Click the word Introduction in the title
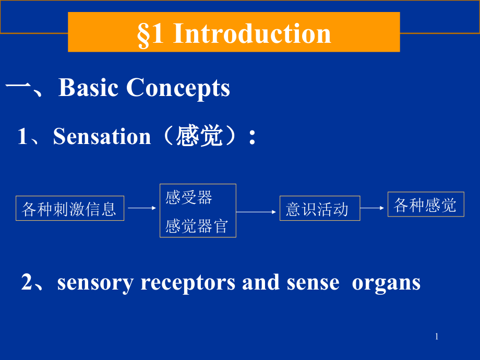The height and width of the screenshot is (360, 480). pyautogui.click(x=252, y=33)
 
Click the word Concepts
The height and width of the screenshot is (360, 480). pyautogui.click(x=178, y=89)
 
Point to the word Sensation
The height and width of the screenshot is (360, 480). pyautogui.click(x=102, y=136)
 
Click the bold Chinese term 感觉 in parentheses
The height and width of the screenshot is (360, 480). pyautogui.click(x=199, y=136)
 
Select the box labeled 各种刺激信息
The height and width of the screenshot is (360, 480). pyautogui.click(x=70, y=208)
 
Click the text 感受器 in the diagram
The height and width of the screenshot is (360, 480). pyautogui.click(x=188, y=197)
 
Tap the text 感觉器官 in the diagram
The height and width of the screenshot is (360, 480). pyautogui.click(x=197, y=226)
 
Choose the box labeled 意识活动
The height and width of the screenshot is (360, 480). pyautogui.click(x=320, y=208)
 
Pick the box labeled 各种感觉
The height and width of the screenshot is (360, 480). pyautogui.click(x=426, y=204)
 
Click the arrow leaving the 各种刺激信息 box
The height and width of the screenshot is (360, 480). pyautogui.click(x=142, y=208)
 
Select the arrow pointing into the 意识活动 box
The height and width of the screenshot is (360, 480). pyautogui.click(x=256, y=212)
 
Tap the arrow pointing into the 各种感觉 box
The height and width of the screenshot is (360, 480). pyautogui.click(x=372, y=208)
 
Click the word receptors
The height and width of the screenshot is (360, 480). pyautogui.click(x=188, y=283)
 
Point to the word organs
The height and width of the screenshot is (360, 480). pyautogui.click(x=386, y=283)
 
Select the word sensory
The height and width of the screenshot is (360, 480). pyautogui.click(x=95, y=283)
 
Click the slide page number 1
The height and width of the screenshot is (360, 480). pyautogui.click(x=437, y=337)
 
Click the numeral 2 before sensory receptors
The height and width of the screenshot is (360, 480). pyautogui.click(x=27, y=281)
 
